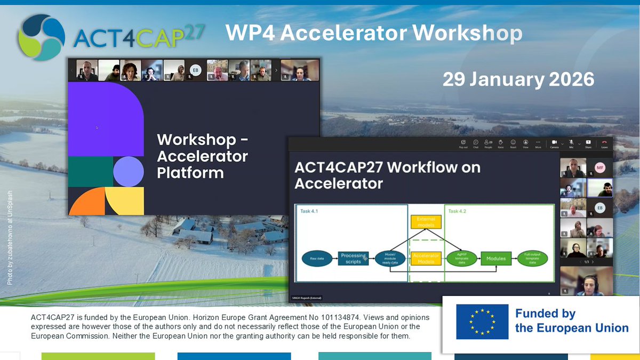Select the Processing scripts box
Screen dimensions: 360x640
(353, 259)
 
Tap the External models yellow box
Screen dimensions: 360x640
(426, 221)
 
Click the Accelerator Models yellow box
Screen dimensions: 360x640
(426, 259)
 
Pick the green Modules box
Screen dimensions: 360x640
(496, 259)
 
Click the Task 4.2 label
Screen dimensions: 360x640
(458, 211)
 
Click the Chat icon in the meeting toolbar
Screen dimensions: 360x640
(475, 143)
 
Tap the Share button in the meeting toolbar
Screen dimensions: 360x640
(588, 143)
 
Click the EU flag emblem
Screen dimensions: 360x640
(482, 322)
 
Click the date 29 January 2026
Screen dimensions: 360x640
(518, 79)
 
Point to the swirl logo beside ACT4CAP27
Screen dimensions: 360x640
(41, 37)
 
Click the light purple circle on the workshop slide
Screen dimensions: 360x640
(129, 172)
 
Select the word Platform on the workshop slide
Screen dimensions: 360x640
(190, 173)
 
